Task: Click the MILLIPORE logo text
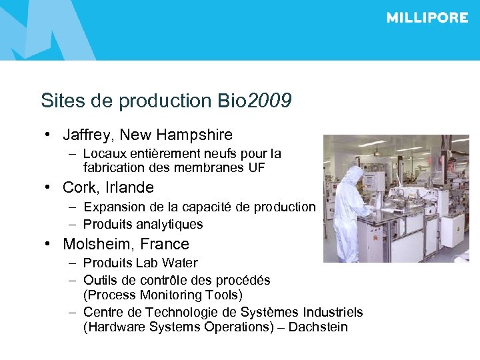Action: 427,18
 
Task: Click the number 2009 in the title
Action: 269,101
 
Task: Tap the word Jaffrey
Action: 87,135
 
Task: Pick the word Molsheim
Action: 97,244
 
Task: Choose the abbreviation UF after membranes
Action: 256,167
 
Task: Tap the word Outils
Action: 99,280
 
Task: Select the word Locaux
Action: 103,153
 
